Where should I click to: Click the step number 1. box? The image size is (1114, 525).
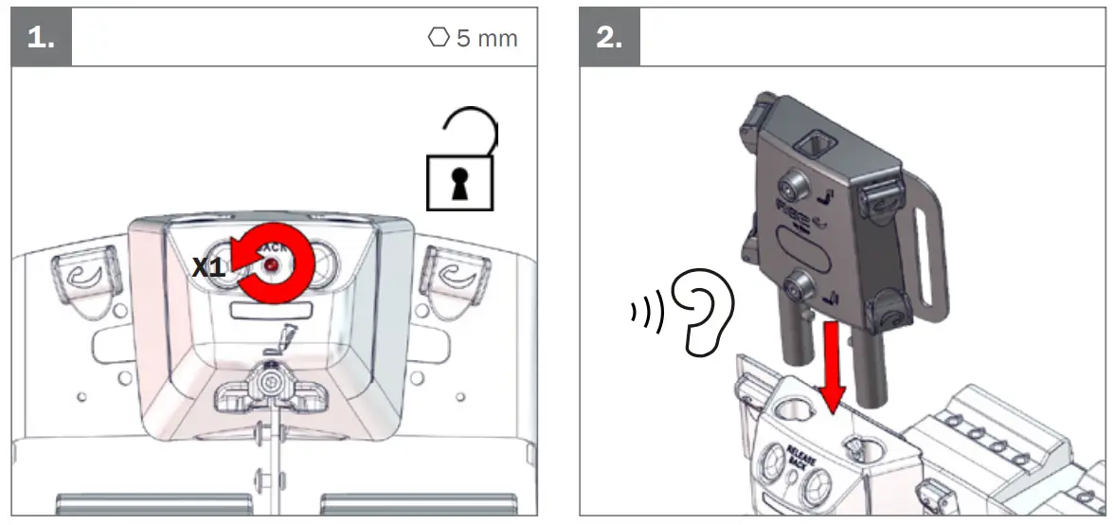click(41, 39)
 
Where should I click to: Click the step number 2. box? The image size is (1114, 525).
click(609, 39)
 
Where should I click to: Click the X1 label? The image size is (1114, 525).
click(208, 268)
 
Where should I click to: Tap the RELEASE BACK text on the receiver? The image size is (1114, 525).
click(801, 454)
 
